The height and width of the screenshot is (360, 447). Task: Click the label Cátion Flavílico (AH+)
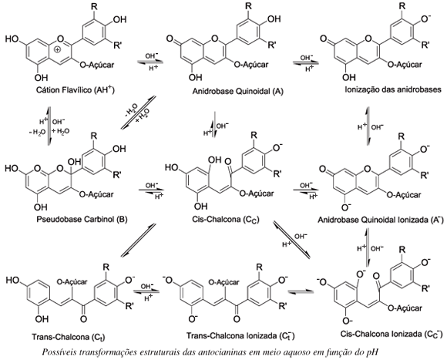click(x=76, y=90)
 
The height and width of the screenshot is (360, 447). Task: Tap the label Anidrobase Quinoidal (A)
click(x=237, y=91)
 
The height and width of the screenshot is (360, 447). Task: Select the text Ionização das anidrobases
click(x=393, y=89)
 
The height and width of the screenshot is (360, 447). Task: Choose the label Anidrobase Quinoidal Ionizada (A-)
click(x=381, y=220)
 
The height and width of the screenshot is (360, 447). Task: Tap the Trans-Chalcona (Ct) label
click(x=69, y=337)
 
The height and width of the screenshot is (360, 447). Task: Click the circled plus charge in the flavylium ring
click(x=58, y=49)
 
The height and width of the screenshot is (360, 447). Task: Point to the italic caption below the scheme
click(x=210, y=352)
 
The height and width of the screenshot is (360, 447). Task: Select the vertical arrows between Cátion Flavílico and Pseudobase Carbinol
click(x=49, y=126)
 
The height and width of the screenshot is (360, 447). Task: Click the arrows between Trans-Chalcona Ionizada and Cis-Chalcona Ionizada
click(x=301, y=291)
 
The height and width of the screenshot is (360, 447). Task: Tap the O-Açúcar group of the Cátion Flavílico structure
click(x=96, y=65)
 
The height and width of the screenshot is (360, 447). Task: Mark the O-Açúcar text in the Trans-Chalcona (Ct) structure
click(x=72, y=282)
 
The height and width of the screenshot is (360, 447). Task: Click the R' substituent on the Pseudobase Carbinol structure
click(x=117, y=175)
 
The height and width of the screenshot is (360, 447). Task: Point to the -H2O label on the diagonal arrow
click(x=131, y=111)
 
